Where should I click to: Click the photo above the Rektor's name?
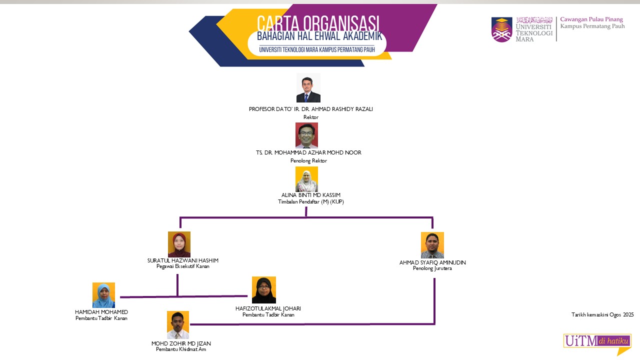308,88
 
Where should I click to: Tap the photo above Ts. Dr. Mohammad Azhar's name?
306,135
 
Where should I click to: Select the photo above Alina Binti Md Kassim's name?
306,179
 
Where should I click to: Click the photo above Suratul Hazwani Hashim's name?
179,244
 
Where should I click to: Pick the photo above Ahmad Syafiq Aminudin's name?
432,245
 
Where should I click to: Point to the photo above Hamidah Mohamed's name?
103,295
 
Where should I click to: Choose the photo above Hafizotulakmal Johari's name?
263,290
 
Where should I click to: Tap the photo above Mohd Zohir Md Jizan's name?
178,324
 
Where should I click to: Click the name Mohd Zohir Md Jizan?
181,343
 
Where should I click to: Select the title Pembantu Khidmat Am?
181,349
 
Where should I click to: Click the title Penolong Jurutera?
432,268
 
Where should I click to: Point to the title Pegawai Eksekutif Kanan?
183,266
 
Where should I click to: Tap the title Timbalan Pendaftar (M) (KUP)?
311,201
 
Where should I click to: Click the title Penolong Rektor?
308,160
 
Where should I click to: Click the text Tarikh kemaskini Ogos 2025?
602,314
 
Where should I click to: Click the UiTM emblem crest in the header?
501,29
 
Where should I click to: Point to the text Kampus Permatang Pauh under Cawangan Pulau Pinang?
592,26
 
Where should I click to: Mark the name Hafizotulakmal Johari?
268,308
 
